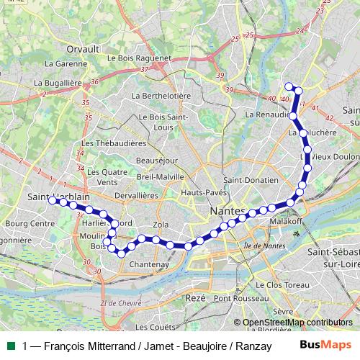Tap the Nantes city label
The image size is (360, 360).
[x=227, y=211]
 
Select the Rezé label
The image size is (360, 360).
[x=195, y=297]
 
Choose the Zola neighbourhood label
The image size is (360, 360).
[x=161, y=225]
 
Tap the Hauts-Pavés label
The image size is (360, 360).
[x=201, y=193]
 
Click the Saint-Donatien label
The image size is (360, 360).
[x=251, y=180]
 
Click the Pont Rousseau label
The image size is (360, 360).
[x=241, y=298]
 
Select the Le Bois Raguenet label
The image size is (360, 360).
[x=138, y=58]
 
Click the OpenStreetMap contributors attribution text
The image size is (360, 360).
[x=297, y=322]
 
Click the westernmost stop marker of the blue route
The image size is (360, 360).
[x=53, y=200]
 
